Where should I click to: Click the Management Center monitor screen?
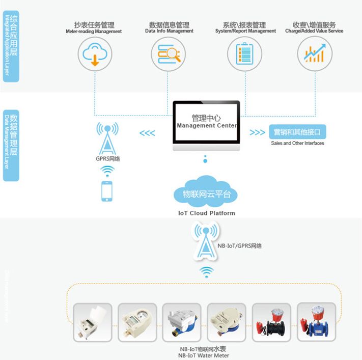(206, 122)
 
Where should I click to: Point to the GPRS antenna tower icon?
(107, 138)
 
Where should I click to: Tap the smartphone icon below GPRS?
(107, 191)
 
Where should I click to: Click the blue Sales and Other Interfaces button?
(297, 132)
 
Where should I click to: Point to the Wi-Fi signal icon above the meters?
(206, 272)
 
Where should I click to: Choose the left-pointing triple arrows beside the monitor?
(147, 133)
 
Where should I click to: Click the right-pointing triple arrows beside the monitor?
(257, 132)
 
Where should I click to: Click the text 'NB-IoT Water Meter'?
(203, 355)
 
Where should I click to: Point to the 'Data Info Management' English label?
(169, 31)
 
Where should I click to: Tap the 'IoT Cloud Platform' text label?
(207, 213)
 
